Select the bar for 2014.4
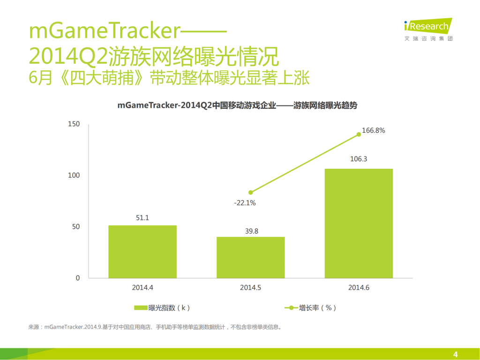[x=142, y=252]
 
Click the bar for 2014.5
[x=250, y=257]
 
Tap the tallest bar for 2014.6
[x=359, y=223]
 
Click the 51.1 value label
[x=142, y=218]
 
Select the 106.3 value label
[x=359, y=159]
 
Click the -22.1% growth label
[x=246, y=202]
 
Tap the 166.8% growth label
[x=374, y=130]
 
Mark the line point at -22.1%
[x=251, y=192]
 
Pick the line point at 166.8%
[x=359, y=134]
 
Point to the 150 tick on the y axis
[x=74, y=124]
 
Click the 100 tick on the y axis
[x=74, y=175]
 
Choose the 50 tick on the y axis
[x=76, y=227]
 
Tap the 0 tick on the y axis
[x=78, y=278]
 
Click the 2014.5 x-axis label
[x=250, y=287]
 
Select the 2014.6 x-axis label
[x=359, y=287]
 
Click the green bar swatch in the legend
[x=141, y=308]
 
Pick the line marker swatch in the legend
[x=291, y=308]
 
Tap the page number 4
[x=455, y=354]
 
